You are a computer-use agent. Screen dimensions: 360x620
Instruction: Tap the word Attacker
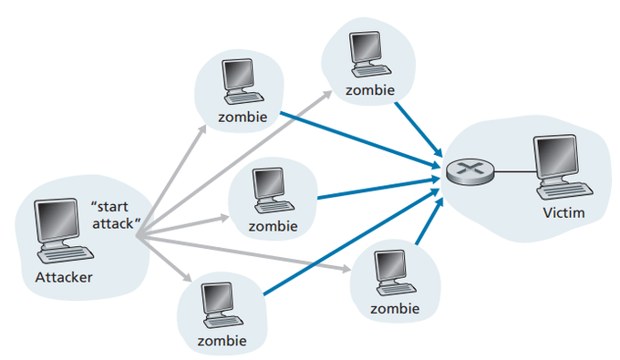tap(64, 275)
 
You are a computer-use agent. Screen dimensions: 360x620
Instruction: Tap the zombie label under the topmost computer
tap(370, 91)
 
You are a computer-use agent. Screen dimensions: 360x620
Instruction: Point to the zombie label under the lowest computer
tap(222, 342)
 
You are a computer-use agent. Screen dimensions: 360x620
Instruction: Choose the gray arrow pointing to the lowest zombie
tap(164, 260)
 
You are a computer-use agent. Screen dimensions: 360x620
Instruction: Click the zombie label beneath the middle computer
tap(273, 226)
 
